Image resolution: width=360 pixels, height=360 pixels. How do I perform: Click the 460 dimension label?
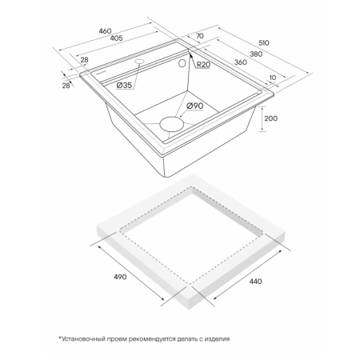tap(105, 31)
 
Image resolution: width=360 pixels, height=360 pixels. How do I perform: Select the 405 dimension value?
tap(117, 38)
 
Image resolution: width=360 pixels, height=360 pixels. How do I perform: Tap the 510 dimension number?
tap(263, 42)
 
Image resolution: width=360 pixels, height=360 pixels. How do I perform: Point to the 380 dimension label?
tap(256, 54)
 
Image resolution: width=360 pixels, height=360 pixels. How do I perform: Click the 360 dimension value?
tap(241, 62)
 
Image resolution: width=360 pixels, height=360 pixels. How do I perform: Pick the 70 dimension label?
tap(200, 36)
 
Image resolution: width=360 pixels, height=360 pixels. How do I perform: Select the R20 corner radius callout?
tap(203, 65)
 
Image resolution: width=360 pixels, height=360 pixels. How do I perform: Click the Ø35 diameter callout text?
tap(124, 86)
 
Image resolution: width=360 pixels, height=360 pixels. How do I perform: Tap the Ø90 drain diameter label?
tap(194, 106)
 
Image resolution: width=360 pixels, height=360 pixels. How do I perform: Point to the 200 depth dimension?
tap(270, 118)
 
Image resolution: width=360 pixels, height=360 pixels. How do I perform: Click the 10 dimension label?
tap(273, 78)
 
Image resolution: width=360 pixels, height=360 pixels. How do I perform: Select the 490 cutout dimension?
tap(120, 277)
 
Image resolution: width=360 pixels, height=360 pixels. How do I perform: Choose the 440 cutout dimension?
tap(255, 282)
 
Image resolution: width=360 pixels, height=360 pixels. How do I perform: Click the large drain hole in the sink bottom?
tap(172, 124)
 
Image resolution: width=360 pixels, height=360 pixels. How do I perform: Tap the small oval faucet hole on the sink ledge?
tap(139, 62)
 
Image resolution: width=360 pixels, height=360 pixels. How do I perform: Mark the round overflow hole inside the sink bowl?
tap(182, 63)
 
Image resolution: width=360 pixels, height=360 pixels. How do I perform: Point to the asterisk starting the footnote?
tap(60, 338)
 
